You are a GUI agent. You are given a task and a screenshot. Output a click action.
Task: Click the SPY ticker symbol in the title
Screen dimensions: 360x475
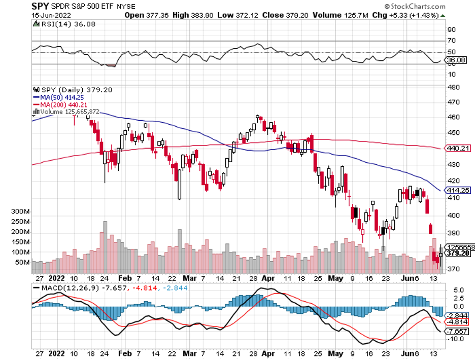[x=41, y=6]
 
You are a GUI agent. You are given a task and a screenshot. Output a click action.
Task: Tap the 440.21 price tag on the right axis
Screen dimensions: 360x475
[x=457, y=148]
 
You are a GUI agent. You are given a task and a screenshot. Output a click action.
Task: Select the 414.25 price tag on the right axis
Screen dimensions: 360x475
[x=457, y=190]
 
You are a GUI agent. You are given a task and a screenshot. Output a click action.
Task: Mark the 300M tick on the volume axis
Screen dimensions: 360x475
[x=21, y=211]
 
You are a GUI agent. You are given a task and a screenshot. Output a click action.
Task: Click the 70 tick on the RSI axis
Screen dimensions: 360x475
[x=451, y=41]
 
